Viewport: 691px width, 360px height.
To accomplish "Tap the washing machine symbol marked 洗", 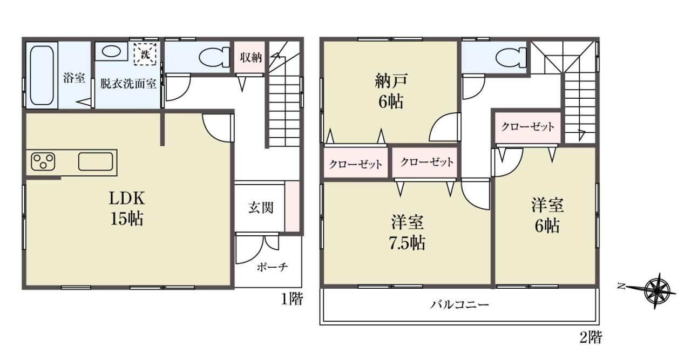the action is (x=145, y=55).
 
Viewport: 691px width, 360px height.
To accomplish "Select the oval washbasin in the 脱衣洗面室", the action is (x=111, y=51).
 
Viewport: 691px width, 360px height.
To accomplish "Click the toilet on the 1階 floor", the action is (x=214, y=57).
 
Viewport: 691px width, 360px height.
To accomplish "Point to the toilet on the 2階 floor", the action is (x=511, y=57).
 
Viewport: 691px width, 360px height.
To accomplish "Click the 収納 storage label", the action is (x=251, y=57).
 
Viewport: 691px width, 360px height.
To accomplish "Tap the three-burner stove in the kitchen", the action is (x=43, y=161).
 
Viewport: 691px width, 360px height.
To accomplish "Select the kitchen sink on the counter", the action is (x=96, y=161).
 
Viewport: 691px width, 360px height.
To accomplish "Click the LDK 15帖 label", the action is (x=127, y=208).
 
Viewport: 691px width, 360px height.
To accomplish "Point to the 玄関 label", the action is (x=261, y=208).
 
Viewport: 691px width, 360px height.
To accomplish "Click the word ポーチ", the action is (x=272, y=267).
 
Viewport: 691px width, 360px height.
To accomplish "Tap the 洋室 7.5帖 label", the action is (x=407, y=232).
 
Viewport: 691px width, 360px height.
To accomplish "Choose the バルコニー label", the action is (x=459, y=305).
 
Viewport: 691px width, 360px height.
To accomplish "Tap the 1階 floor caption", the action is (x=292, y=298).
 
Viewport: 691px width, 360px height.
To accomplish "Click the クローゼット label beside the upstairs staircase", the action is (x=527, y=126).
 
